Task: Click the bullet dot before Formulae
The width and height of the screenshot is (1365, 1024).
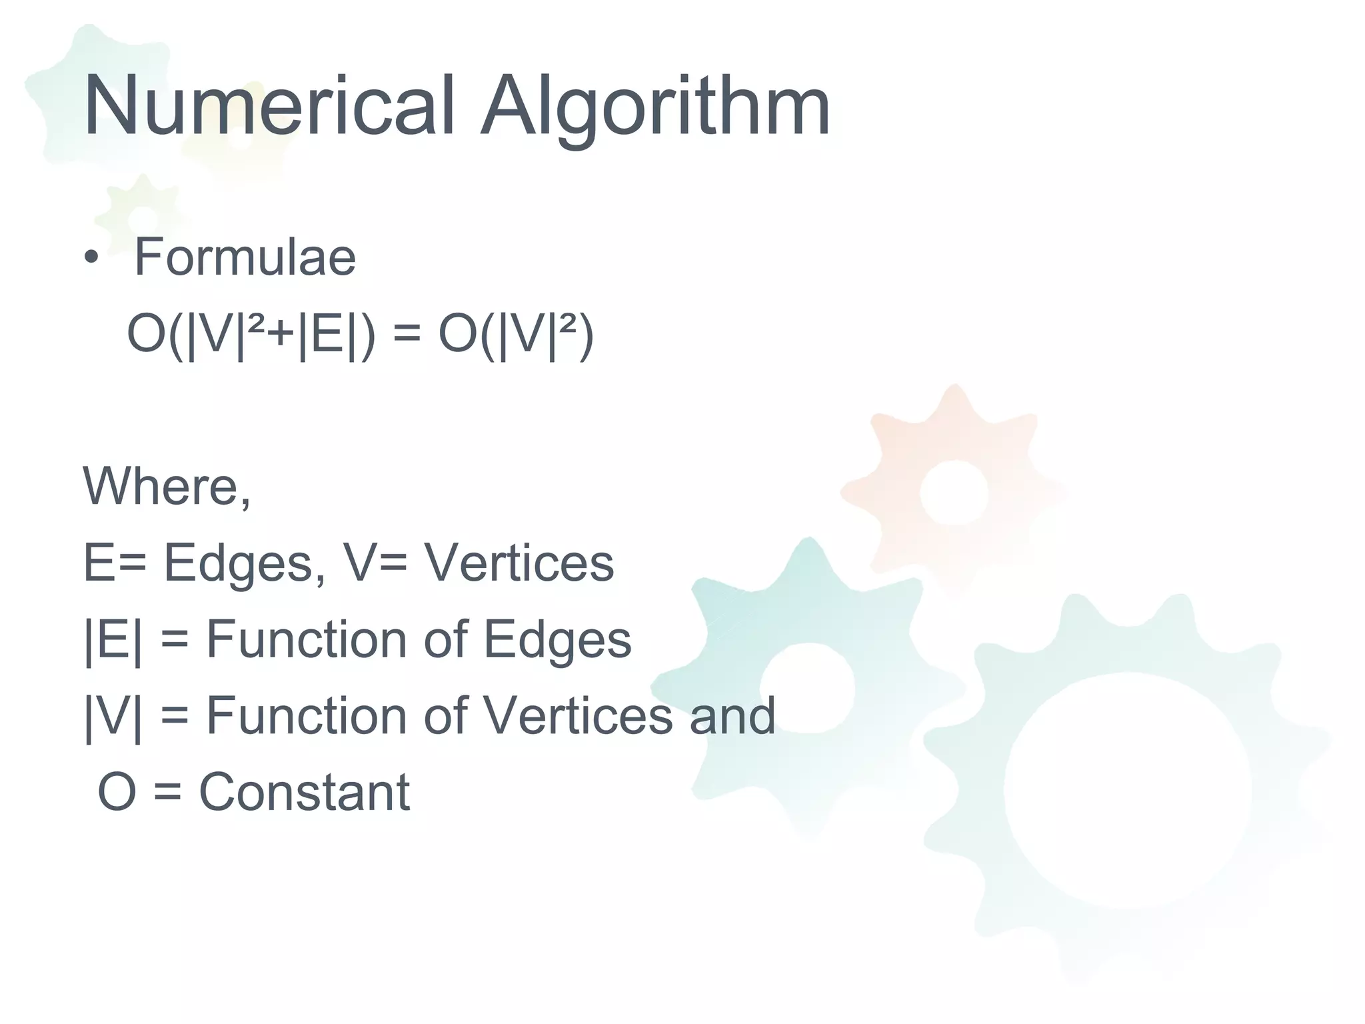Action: point(91,258)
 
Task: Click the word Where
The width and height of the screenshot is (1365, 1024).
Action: point(161,486)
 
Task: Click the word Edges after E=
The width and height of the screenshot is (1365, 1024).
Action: point(239,564)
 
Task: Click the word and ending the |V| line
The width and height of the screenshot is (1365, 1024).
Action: point(732,715)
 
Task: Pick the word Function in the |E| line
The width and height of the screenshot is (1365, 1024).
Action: point(306,639)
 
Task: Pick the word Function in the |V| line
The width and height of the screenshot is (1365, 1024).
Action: point(306,715)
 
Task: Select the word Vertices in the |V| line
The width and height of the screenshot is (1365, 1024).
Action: point(577,715)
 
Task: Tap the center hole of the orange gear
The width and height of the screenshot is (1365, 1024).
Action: point(954,492)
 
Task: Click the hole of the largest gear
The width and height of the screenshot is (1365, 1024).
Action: point(1128,791)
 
